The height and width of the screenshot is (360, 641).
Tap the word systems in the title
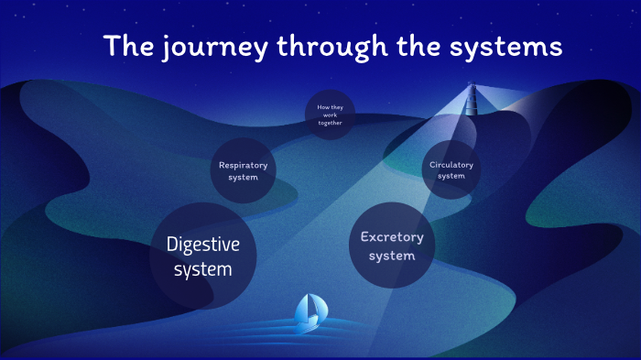tap(509, 47)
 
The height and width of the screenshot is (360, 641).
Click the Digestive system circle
tap(203, 256)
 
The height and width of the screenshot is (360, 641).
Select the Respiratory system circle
tap(244, 170)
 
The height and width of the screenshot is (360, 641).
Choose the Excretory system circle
tap(392, 245)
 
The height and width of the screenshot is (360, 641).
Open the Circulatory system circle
tap(451, 169)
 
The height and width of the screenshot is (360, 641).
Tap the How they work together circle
tap(330, 115)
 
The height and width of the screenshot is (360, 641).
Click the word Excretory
tap(392, 236)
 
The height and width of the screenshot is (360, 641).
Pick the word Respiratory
tap(244, 165)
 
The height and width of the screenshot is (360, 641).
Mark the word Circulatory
tap(451, 164)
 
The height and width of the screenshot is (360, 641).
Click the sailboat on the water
tap(308, 313)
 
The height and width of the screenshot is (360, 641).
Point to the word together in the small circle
tap(330, 122)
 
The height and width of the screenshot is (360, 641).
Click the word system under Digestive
tap(203, 269)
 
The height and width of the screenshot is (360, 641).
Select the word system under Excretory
tap(392, 256)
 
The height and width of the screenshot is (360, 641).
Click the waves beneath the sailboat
tap(308, 331)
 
